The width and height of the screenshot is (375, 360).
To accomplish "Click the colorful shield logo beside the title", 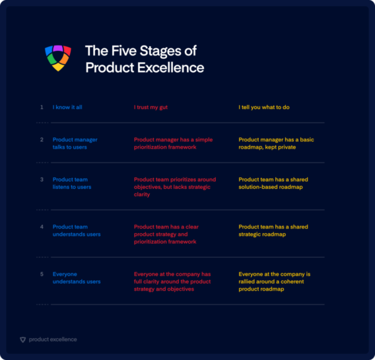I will pyautogui.click(x=58, y=58).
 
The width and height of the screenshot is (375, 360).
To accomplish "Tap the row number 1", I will pyautogui.click(x=42, y=107).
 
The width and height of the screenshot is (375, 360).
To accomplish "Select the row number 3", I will pyautogui.click(x=42, y=180).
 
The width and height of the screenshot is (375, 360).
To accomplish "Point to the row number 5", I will pyautogui.click(x=42, y=274).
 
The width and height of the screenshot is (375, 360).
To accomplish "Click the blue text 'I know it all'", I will pyautogui.click(x=67, y=107).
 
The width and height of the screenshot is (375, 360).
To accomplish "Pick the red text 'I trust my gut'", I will pyautogui.click(x=151, y=107).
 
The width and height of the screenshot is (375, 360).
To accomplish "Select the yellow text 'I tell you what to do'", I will pyautogui.click(x=264, y=107).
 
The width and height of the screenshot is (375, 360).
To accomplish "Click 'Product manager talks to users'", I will pyautogui.click(x=73, y=143).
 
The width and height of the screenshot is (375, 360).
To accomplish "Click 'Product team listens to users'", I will pyautogui.click(x=72, y=183).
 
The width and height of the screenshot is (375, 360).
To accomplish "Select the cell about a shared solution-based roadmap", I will pyautogui.click(x=273, y=183).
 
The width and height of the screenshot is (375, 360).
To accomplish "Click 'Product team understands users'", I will pyautogui.click(x=77, y=231).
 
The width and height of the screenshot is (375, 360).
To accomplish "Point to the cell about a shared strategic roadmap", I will pyautogui.click(x=273, y=231).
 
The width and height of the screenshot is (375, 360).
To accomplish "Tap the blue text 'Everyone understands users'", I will pyautogui.click(x=77, y=278).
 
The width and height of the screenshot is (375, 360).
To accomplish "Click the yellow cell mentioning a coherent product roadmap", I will pyautogui.click(x=274, y=281).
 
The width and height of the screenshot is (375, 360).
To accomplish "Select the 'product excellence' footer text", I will pyautogui.click(x=52, y=340).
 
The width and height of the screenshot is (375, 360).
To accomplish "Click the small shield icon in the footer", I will pyautogui.click(x=23, y=340).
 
